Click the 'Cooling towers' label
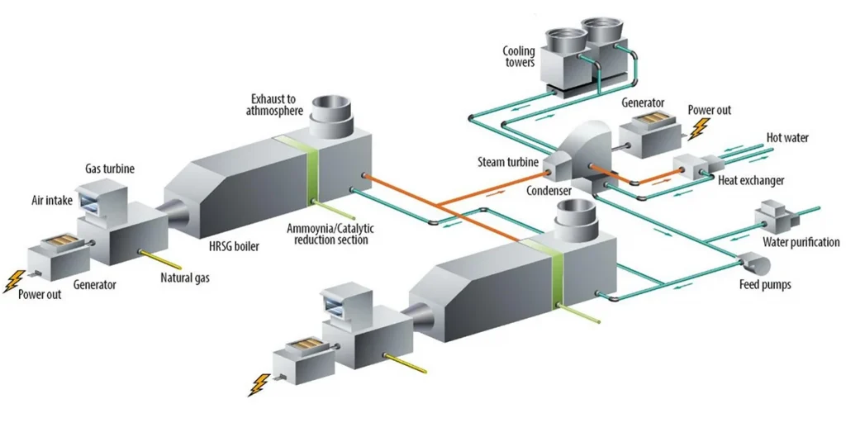(519, 56)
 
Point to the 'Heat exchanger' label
(752, 179)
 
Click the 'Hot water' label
(787, 138)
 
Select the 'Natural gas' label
(185, 278)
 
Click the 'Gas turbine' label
(110, 169)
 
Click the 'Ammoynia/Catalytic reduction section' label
(327, 234)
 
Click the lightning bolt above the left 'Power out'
(12, 281)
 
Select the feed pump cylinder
(754, 263)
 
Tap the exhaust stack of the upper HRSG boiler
(334, 119)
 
